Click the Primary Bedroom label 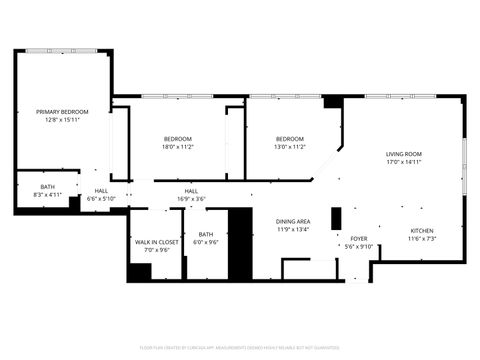[x=62, y=111]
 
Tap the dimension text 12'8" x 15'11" [x=62, y=119]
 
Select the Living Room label [x=404, y=153]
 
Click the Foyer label [x=358, y=238]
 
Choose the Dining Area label [x=293, y=221]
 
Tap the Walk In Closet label [x=157, y=242]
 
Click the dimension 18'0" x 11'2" [x=177, y=147]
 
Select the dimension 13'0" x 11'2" [x=290, y=147]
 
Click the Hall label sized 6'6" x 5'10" [x=101, y=191]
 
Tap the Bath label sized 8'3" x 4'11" [x=48, y=187]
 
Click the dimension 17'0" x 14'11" [x=404, y=161]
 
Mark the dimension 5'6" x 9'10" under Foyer [x=358, y=246]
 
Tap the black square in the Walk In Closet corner [x=139, y=270]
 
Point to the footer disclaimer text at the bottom [x=240, y=347]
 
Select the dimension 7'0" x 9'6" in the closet [x=157, y=250]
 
